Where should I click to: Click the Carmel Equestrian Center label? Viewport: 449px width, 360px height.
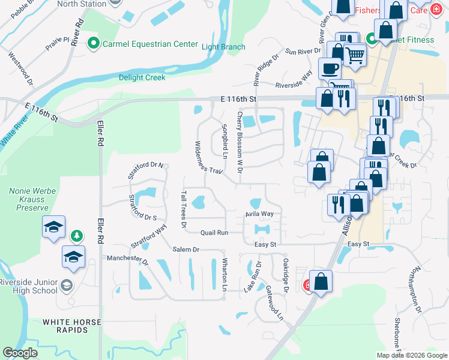[149, 44]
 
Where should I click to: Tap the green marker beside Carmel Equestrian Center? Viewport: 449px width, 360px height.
[93, 43]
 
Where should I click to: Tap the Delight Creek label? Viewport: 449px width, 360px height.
[141, 77]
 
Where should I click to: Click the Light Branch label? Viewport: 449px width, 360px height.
[223, 47]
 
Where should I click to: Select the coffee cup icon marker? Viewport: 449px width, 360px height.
[329, 68]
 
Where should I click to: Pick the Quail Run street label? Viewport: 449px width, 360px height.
[214, 232]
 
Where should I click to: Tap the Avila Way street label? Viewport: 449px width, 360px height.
[259, 214]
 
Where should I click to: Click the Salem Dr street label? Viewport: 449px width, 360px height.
[185, 249]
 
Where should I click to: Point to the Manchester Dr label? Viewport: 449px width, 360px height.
[127, 259]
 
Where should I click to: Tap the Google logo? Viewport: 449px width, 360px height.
[20, 353]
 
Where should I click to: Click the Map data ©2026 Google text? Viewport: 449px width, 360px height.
[411, 355]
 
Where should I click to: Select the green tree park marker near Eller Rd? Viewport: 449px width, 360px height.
[76, 235]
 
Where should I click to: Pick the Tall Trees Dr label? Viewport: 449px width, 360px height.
[184, 209]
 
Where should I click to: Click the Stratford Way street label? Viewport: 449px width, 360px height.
[148, 236]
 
